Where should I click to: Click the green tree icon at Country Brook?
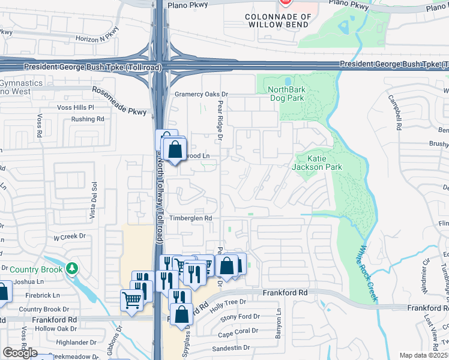(x=72, y=267)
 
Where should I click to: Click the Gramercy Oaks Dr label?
(x=202, y=94)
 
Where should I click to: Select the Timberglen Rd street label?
(x=190, y=218)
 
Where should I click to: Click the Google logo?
(x=20, y=353)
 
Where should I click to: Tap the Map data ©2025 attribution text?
(x=424, y=355)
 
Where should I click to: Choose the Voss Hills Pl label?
(x=75, y=107)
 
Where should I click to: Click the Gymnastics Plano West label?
(x=21, y=87)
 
